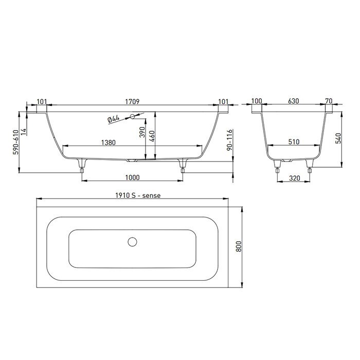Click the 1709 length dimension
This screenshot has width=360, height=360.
(132, 102)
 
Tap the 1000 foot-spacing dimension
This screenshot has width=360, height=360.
(132, 177)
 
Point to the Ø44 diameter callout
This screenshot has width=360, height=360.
(114, 119)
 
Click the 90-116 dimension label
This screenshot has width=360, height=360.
(231, 139)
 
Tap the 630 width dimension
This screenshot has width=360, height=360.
(294, 102)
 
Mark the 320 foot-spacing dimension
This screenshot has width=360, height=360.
(294, 177)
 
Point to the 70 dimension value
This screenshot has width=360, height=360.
(329, 102)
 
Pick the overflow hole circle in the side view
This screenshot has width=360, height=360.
(133, 116)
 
